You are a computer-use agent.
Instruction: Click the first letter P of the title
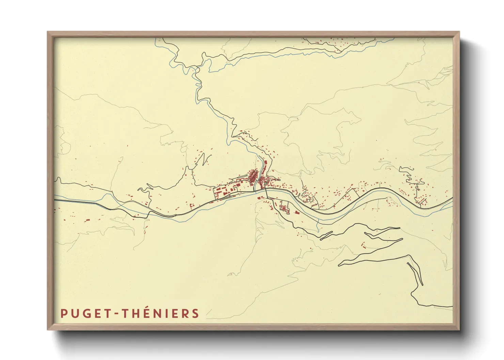click(x=63, y=313)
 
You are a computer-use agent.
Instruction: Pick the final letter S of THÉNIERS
click(x=195, y=313)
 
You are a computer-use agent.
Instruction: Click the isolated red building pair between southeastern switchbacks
click(x=363, y=245)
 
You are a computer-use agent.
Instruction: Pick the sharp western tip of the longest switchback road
click(x=339, y=264)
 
